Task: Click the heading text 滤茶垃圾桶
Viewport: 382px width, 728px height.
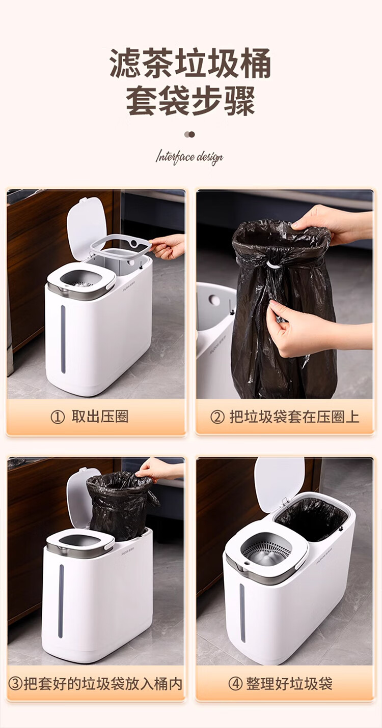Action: (x=190, y=64)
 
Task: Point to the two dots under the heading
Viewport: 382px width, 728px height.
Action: (x=189, y=134)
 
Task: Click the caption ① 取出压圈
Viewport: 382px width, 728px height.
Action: (x=90, y=417)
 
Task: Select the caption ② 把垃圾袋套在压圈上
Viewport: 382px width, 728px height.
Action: (x=285, y=417)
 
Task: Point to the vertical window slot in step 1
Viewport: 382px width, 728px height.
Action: (x=63, y=339)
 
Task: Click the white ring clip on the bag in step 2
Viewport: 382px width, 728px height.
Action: (x=272, y=264)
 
